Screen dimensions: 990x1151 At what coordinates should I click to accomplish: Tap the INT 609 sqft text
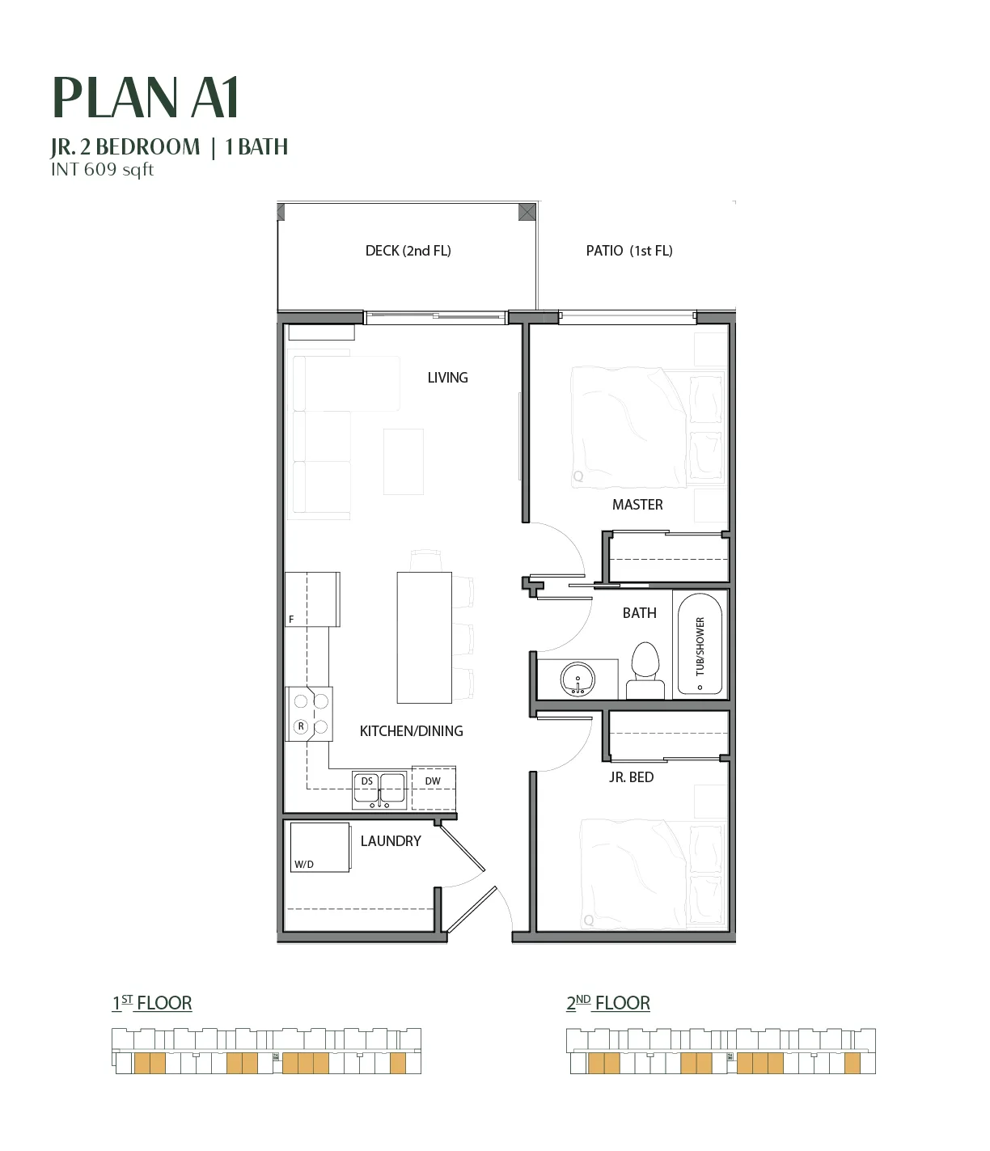pyautogui.click(x=103, y=169)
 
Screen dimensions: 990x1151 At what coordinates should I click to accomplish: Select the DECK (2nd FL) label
pyautogui.click(x=408, y=251)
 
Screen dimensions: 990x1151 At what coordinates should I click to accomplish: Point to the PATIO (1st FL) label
pyautogui.click(x=629, y=251)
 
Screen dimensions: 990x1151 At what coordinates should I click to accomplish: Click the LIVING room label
pyautogui.click(x=447, y=378)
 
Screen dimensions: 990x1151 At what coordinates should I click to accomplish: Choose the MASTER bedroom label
pyautogui.click(x=637, y=505)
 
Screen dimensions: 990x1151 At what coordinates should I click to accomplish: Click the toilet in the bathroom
pyautogui.click(x=645, y=670)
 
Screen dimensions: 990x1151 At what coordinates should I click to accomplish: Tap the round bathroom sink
pyautogui.click(x=577, y=679)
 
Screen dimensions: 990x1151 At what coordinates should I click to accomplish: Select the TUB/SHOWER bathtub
pyautogui.click(x=700, y=644)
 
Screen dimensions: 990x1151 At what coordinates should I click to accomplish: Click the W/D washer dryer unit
pyautogui.click(x=319, y=847)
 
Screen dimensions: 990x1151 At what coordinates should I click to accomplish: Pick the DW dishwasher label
pyautogui.click(x=433, y=781)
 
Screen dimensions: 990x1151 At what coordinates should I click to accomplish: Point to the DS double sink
pyautogui.click(x=379, y=790)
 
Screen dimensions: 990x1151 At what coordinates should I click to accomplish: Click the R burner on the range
pyautogui.click(x=301, y=726)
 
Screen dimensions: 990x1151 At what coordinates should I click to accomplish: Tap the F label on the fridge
pyautogui.click(x=291, y=620)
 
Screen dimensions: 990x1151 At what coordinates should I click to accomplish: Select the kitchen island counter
pyautogui.click(x=425, y=637)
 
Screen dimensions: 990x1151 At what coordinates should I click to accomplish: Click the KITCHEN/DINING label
pyautogui.click(x=412, y=731)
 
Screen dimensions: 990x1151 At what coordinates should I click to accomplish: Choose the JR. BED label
pyautogui.click(x=632, y=777)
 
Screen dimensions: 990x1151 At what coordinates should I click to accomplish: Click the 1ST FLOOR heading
pyautogui.click(x=152, y=1004)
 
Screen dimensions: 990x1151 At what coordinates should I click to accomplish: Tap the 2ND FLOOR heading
pyautogui.click(x=608, y=1004)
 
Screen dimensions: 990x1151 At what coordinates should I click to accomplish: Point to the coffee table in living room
pyautogui.click(x=404, y=462)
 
